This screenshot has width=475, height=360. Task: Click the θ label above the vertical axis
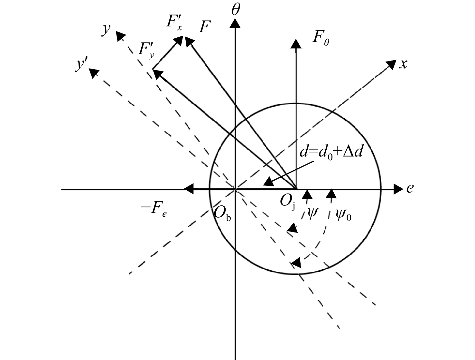[236, 10]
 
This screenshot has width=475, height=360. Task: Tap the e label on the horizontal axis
[410, 188]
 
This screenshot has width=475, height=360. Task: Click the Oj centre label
[287, 204]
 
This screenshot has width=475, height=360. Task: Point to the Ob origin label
[222, 214]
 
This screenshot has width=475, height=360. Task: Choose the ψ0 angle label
[343, 215]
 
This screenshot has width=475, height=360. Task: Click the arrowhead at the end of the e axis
[398, 189]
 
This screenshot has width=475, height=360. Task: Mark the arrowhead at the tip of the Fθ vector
[296, 43]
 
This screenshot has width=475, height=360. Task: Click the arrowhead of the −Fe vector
[189, 189]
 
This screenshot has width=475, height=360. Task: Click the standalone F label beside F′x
[204, 27]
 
